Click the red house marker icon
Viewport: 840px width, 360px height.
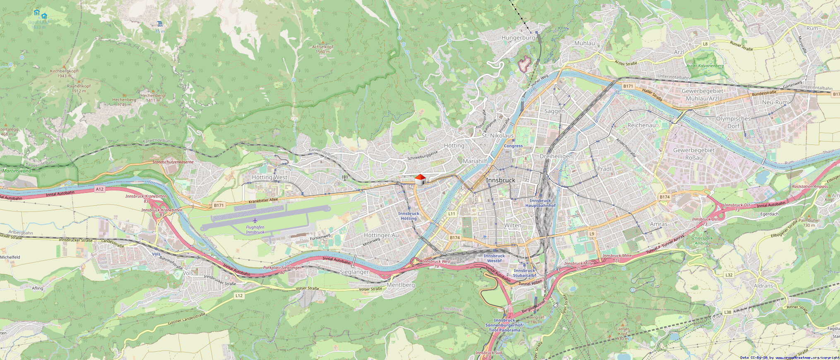(420, 180)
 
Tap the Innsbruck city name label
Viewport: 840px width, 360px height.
(501, 180)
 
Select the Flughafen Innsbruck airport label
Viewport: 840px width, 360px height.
(255, 230)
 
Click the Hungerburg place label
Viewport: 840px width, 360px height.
(518, 38)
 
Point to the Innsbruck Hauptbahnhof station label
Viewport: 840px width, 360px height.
(540, 203)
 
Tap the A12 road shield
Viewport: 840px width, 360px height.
(100, 189)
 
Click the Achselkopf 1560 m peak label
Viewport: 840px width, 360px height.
(323, 49)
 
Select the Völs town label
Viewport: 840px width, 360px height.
(188, 273)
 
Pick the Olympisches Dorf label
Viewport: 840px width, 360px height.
(733, 122)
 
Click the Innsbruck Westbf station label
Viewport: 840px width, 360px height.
(494, 258)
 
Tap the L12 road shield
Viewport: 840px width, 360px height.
(239, 295)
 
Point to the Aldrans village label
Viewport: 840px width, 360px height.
(763, 286)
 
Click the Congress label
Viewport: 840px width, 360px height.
(513, 146)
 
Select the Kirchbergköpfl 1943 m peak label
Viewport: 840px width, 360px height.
(64, 73)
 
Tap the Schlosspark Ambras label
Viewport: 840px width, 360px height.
(702, 240)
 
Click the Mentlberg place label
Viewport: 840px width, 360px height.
(401, 285)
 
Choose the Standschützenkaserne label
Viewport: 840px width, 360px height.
(173, 162)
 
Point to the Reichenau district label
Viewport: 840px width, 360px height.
(641, 125)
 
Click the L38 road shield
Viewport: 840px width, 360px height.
(727, 312)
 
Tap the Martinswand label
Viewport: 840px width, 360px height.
(17, 170)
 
